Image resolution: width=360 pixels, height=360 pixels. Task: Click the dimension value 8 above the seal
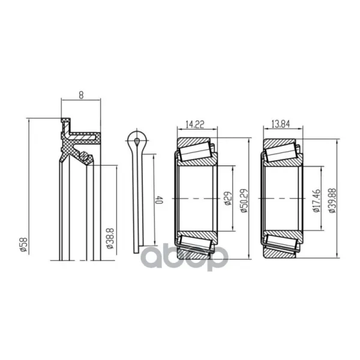click(x=81, y=95)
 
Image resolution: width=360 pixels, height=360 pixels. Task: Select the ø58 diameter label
click(x=24, y=245)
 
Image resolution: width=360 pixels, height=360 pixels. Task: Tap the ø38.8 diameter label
click(x=110, y=239)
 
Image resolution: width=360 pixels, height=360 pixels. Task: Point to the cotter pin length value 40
click(x=159, y=200)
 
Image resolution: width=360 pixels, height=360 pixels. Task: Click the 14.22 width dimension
click(x=194, y=125)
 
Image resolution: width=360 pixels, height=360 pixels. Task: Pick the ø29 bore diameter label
click(x=228, y=199)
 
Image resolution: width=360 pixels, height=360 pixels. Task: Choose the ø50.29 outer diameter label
click(x=244, y=200)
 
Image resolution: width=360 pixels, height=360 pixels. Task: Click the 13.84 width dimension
click(x=281, y=124)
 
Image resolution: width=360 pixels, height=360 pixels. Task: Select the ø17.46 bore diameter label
click(x=316, y=201)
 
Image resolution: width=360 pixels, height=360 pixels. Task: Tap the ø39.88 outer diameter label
click(x=332, y=200)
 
